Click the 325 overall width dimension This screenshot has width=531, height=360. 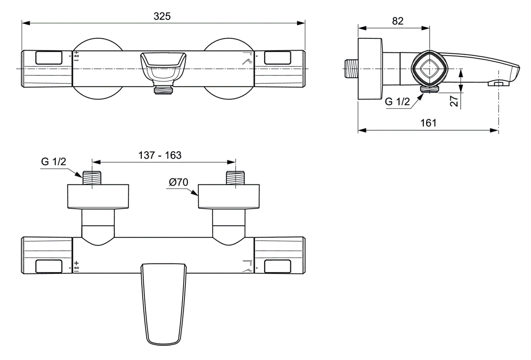tap(162, 16)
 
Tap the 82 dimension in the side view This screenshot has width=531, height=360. tap(398, 21)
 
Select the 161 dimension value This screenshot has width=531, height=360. tap(428, 123)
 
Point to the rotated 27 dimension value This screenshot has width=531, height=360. tap(454, 100)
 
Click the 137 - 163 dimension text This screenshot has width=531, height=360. tap(160, 155)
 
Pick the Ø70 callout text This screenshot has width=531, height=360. tap(179, 182)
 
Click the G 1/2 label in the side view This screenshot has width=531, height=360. tap(397, 101)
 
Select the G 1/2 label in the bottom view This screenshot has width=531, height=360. tap(54, 162)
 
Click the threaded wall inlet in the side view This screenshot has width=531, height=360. tap(351, 69)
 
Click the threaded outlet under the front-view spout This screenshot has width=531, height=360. tap(163, 89)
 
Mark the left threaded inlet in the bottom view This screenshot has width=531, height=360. tap(92, 178)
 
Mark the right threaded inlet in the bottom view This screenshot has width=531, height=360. tap(235, 178)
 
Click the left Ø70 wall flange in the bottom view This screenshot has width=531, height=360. tap(98, 196)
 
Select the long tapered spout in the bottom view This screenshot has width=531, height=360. tap(163, 304)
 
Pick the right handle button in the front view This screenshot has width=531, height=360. tap(278, 58)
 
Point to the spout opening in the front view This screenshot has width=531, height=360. tap(163, 67)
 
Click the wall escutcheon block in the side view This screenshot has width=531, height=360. tap(371, 69)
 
